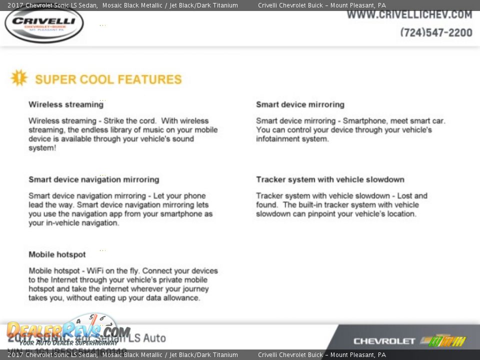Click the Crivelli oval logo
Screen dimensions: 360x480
pos(44,23)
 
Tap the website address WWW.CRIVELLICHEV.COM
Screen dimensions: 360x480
pos(409,15)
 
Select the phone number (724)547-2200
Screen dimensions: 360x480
pos(436,32)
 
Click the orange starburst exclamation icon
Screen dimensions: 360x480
pos(19,78)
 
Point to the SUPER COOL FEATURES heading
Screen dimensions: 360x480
pos(108,79)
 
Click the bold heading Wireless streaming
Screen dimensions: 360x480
pos(65,104)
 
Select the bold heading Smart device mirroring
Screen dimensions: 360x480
pos(300,104)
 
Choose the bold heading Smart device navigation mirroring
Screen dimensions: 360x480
pos(93,179)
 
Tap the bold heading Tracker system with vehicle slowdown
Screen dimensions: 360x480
pos(330,179)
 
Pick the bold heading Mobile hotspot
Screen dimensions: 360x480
pos(57,254)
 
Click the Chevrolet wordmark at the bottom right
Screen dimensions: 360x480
pos(384,341)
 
